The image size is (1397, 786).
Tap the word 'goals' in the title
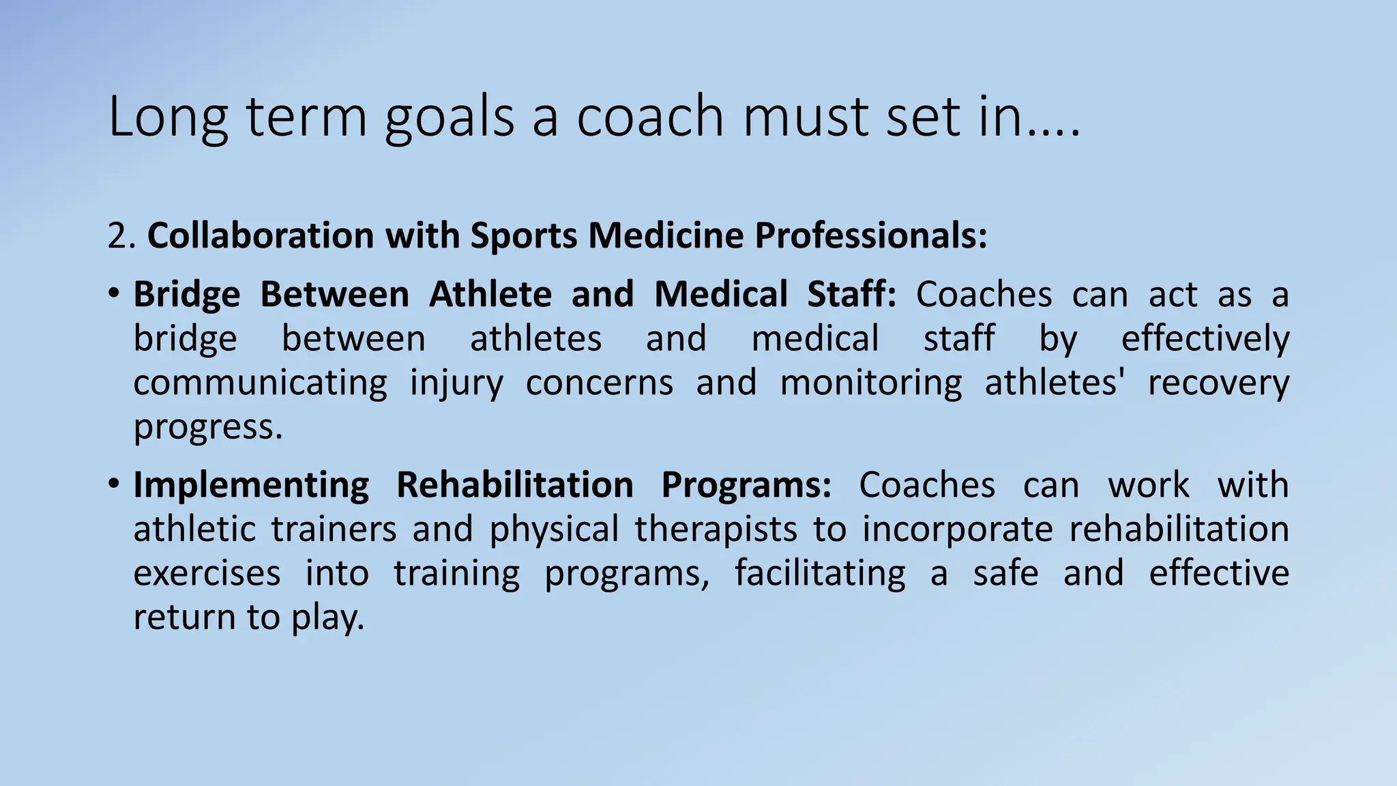pyautogui.click(x=450, y=117)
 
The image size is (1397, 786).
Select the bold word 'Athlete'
pyautogui.click(x=490, y=295)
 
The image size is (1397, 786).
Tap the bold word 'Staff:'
pyautogui.click(x=851, y=295)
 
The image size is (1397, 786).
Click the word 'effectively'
pyautogui.click(x=1205, y=339)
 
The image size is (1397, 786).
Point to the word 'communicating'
pyautogui.click(x=260, y=383)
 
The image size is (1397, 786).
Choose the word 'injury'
pyautogui.click(x=456, y=384)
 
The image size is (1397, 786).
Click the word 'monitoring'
pyautogui.click(x=870, y=383)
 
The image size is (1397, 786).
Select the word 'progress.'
pyautogui.click(x=207, y=428)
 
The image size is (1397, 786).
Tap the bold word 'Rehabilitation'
pyautogui.click(x=515, y=485)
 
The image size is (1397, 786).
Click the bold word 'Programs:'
pyautogui.click(x=746, y=486)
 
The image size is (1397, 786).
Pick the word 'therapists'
pyautogui.click(x=716, y=529)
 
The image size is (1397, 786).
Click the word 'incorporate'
pyautogui.click(x=957, y=530)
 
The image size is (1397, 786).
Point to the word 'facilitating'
pyautogui.click(x=819, y=573)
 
